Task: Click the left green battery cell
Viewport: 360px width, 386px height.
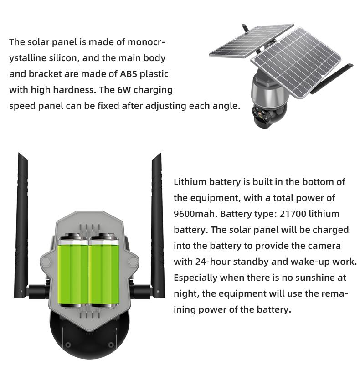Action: (x=73, y=270)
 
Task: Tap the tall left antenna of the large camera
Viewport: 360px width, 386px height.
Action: (x=23, y=219)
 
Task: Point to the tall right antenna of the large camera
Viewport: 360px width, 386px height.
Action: (x=157, y=219)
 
